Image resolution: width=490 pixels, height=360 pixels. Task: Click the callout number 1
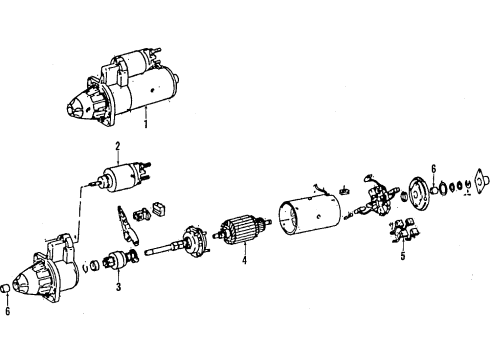tap(145, 125)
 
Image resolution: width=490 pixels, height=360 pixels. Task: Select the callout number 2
tap(118, 146)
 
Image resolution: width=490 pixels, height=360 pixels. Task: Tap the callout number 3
tap(118, 287)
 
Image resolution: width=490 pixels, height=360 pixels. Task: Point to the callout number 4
tap(244, 260)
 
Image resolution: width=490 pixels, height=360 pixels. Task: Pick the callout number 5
tap(403, 256)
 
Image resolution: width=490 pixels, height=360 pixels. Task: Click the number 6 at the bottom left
tap(7, 311)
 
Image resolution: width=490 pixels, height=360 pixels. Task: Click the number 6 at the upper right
tap(433, 169)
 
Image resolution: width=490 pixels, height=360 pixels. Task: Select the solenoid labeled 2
tap(123, 176)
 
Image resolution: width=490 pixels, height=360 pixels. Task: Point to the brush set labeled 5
tap(404, 229)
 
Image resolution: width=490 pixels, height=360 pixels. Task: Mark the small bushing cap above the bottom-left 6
tap(5, 289)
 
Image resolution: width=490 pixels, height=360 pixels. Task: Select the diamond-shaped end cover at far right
tap(482, 181)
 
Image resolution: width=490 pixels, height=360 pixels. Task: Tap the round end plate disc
tap(419, 193)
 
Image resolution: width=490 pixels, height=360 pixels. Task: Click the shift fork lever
tap(126, 225)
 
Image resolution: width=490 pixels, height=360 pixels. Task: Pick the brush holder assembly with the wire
tap(377, 197)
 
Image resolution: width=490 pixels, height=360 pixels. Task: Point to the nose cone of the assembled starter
tap(78, 106)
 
